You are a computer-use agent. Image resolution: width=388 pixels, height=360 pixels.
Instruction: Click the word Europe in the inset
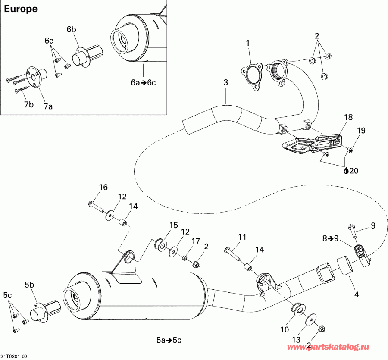(20, 9)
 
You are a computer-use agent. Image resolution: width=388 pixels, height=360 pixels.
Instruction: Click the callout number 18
(348, 117)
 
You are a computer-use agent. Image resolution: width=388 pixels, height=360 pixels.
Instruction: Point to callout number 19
(361, 130)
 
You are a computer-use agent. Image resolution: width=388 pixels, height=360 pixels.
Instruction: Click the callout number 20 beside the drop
(354, 171)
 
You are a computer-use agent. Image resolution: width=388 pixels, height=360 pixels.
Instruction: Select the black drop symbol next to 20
(346, 171)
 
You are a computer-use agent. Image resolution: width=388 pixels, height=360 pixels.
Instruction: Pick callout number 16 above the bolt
(103, 187)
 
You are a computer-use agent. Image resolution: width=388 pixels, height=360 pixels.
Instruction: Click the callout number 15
(173, 225)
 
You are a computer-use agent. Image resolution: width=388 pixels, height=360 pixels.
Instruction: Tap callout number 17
(195, 241)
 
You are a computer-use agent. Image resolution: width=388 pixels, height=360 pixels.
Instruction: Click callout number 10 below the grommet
(285, 330)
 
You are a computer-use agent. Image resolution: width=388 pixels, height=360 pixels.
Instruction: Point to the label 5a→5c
(169, 340)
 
